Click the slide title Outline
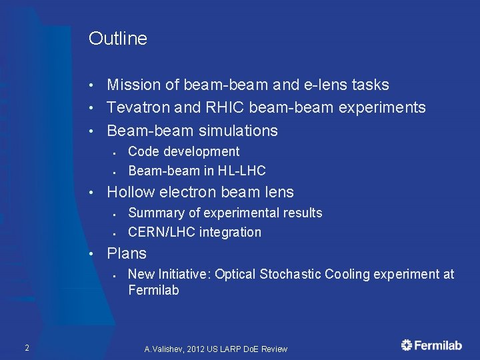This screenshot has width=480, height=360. pyautogui.click(x=117, y=39)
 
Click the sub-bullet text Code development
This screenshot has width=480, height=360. pyautogui.click(x=183, y=151)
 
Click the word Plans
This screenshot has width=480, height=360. pyautogui.click(x=127, y=253)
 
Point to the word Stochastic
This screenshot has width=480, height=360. pyautogui.click(x=289, y=274)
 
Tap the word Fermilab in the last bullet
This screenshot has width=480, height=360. pyautogui.click(x=153, y=290)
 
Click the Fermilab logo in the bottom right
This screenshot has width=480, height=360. pyautogui.click(x=431, y=345)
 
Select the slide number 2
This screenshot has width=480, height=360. pyautogui.click(x=26, y=347)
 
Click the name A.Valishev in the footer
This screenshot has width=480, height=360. pyautogui.click(x=164, y=349)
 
